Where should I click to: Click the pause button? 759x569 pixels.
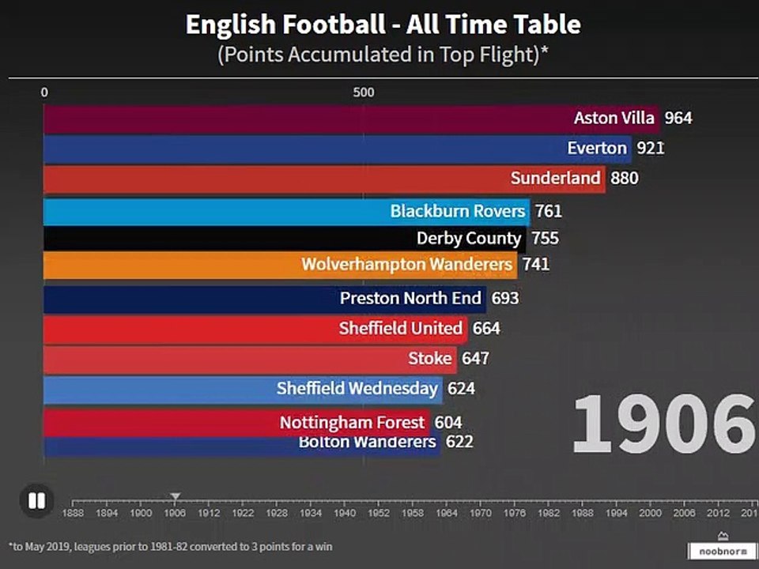[36, 500]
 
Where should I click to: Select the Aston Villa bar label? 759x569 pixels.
[614, 118]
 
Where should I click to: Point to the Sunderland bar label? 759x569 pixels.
[555, 178]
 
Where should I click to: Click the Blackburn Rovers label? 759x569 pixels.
[457, 211]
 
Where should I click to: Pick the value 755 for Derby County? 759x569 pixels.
[545, 239]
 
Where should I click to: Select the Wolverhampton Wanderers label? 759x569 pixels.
[406, 264]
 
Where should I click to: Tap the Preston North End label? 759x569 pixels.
[410, 298]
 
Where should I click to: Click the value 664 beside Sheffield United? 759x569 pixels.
[486, 328]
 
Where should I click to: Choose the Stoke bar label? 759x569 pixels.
[430, 358]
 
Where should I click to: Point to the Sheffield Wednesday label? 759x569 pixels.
[357, 388]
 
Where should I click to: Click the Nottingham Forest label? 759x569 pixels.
[352, 423]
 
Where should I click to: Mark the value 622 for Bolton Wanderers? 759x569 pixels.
[459, 441]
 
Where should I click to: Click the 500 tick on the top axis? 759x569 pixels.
[364, 92]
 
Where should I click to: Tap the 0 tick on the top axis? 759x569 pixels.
[44, 92]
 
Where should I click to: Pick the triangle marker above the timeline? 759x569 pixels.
[176, 496]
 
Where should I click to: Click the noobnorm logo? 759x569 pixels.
[722, 550]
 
